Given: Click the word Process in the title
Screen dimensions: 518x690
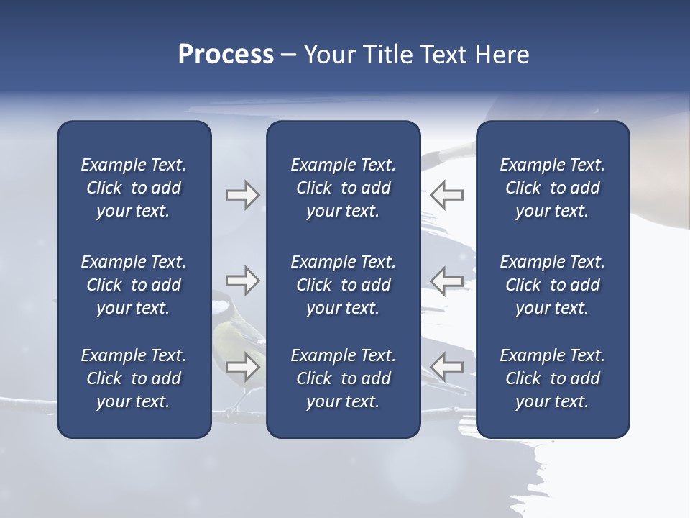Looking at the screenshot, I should tap(226, 55).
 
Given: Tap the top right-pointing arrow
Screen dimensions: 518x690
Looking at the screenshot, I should tap(242, 195).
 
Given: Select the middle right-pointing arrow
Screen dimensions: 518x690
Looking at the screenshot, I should tap(242, 281).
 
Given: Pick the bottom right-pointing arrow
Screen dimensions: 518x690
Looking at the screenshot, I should tap(242, 367).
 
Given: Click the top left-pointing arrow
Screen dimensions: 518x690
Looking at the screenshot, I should tap(446, 194).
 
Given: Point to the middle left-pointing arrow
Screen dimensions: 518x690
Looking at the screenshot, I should tap(446, 281).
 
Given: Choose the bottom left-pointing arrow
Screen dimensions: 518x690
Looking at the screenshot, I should tap(446, 366).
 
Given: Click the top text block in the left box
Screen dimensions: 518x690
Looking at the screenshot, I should tap(133, 188).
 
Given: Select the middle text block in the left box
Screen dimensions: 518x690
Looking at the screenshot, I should tap(133, 285).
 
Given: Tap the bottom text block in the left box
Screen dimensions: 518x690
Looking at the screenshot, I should tap(133, 378).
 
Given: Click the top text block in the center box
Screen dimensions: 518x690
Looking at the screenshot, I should tap(343, 188).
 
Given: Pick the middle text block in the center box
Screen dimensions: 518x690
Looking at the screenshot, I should tap(343, 285).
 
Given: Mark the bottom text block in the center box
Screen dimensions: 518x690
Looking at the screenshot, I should tap(343, 378).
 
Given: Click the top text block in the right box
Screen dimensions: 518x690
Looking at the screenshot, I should tap(552, 188).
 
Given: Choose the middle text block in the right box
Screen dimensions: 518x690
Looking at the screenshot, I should tap(552, 285).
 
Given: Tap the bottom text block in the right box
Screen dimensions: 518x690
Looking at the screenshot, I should tap(552, 378).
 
